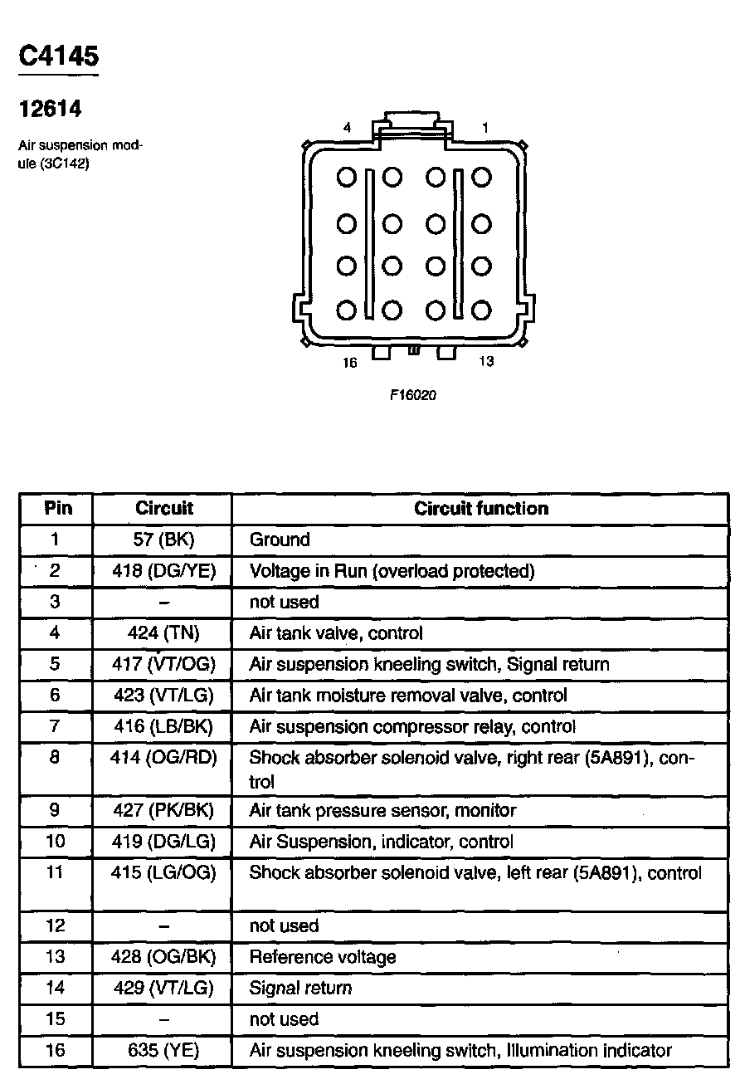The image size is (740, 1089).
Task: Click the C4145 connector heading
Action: (58, 56)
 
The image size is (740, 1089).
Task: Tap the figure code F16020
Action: (412, 395)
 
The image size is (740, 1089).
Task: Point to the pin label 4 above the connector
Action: (347, 128)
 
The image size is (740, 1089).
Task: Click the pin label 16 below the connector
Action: (349, 362)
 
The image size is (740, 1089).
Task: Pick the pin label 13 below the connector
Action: (486, 362)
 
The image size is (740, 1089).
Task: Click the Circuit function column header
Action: (481, 508)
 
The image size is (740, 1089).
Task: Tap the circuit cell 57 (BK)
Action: (163, 540)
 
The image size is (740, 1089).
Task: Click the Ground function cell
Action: (280, 540)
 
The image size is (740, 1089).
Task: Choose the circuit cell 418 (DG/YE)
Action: (163, 571)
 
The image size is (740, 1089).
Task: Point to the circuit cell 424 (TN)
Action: (163, 633)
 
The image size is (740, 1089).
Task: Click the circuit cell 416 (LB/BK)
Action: (163, 727)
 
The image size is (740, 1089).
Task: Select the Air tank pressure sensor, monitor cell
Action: (382, 810)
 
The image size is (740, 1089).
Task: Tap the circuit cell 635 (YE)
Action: (163, 1051)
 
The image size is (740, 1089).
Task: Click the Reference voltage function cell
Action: (323, 957)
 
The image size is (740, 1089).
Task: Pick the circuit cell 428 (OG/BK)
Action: (163, 957)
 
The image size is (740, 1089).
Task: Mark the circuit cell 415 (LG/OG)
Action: (163, 873)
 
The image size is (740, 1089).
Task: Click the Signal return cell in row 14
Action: (300, 989)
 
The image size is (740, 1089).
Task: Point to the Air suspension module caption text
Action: (80, 154)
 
